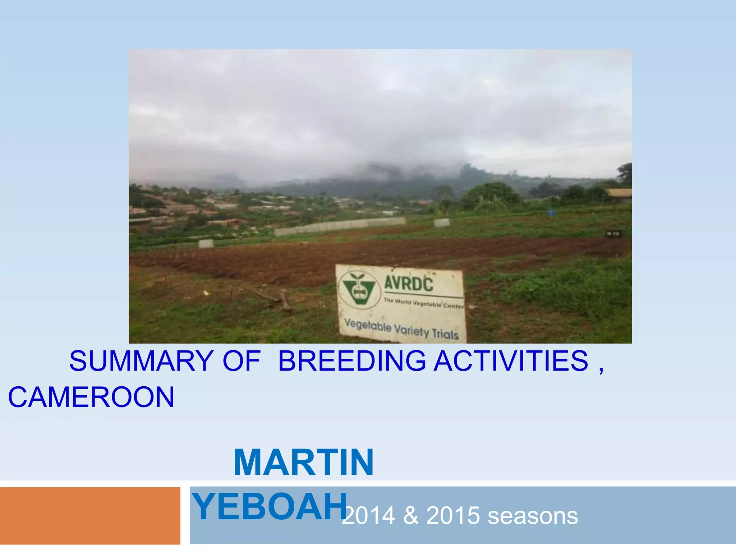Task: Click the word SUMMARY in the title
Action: (x=142, y=361)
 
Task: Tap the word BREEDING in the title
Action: (x=352, y=361)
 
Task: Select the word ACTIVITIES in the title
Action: (x=511, y=361)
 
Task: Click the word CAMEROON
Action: (x=91, y=397)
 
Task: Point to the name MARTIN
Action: (x=304, y=463)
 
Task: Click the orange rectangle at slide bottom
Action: (x=90, y=516)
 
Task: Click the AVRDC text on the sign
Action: (x=409, y=284)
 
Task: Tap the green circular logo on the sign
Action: (x=359, y=290)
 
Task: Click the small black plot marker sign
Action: (x=613, y=234)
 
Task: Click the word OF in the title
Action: (x=241, y=361)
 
